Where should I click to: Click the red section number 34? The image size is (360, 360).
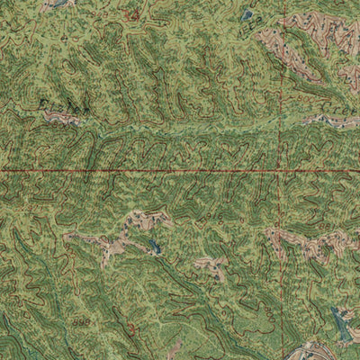pyautogui.click(x=134, y=15)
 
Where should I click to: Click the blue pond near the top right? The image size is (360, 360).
pyautogui.click(x=247, y=14)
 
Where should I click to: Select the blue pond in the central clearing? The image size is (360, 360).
pyautogui.click(x=155, y=245)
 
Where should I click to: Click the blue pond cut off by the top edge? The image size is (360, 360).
pyautogui.click(x=59, y=4)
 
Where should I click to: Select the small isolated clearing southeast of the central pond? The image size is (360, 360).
pyautogui.click(x=212, y=265)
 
